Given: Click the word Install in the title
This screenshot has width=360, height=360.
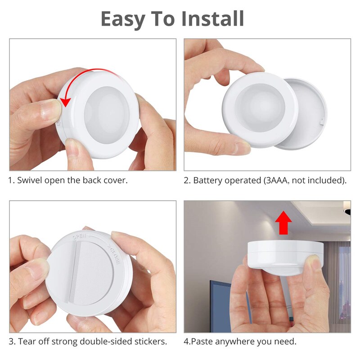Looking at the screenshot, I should pyautogui.click(x=213, y=18).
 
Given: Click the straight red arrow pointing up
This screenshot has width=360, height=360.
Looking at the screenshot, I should pyautogui.click(x=283, y=224).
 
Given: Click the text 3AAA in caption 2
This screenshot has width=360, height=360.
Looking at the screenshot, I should pyautogui.click(x=279, y=180).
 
